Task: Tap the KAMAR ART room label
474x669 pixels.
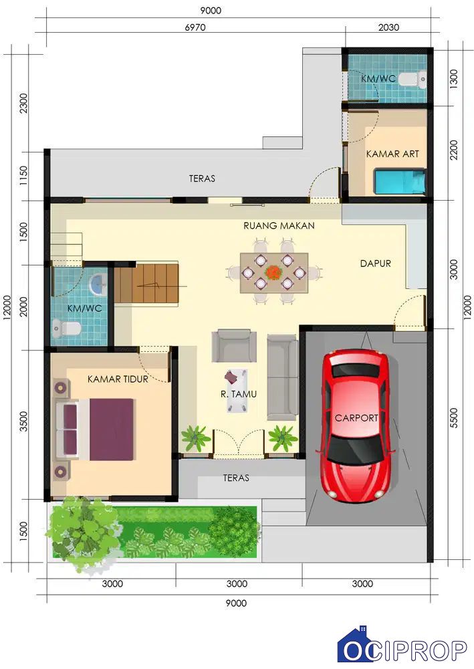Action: point(392,154)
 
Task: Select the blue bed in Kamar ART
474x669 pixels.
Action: point(400,181)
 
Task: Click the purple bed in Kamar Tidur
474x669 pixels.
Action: point(96,429)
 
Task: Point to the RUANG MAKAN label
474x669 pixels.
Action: point(279,225)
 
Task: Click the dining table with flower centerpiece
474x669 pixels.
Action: point(274,273)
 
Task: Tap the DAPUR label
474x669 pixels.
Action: point(375,263)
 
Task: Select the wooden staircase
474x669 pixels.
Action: point(146,283)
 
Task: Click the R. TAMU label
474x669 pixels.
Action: point(238,394)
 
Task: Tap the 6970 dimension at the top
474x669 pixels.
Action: point(195,27)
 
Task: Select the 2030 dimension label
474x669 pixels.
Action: point(388,27)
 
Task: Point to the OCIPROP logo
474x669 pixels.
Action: point(402,648)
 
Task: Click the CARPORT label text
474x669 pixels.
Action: point(356,417)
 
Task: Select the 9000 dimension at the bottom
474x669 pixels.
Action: point(236,603)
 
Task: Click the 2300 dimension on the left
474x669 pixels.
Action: point(23,103)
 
